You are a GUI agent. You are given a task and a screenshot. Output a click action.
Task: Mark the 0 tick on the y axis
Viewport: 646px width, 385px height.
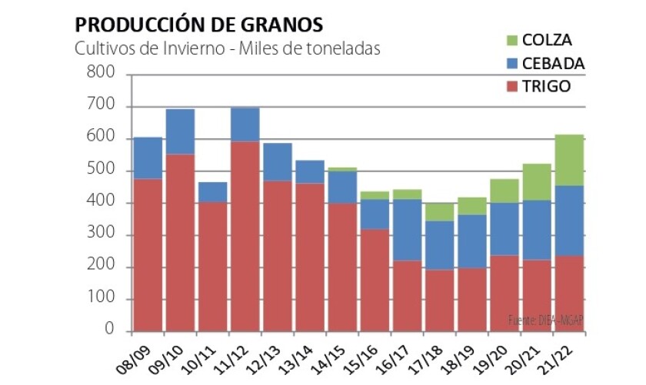pyautogui.click(x=110, y=331)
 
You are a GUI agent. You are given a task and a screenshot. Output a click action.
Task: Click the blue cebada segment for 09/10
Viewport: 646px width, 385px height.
pyautogui.click(x=180, y=131)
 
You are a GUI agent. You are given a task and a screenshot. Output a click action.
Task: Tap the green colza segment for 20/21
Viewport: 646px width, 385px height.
pyautogui.click(x=537, y=182)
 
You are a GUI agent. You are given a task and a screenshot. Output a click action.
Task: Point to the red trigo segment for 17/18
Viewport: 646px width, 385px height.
pyautogui.click(x=438, y=300)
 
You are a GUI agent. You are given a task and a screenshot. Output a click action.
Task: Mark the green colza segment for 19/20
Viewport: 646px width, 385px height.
pyautogui.click(x=504, y=191)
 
